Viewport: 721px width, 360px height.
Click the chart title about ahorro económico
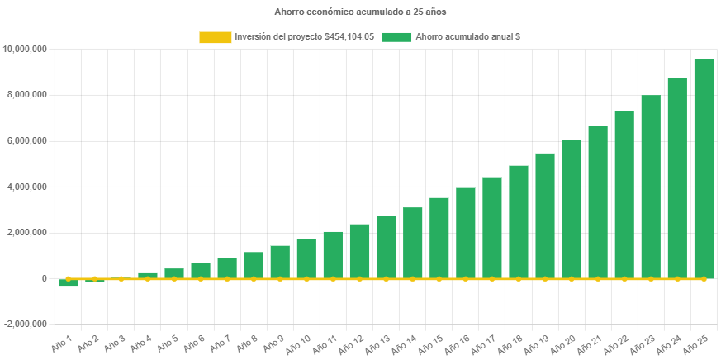[360, 12]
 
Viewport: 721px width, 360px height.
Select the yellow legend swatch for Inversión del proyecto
[215, 37]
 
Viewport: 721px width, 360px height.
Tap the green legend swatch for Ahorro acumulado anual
[397, 37]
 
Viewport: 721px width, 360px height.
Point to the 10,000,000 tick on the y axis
[25, 50]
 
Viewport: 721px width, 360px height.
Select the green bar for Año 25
[704, 168]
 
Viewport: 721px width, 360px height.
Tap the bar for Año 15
[439, 238]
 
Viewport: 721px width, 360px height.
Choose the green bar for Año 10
[306, 258]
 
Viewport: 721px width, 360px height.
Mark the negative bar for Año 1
[69, 282]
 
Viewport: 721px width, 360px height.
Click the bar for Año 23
[651, 187]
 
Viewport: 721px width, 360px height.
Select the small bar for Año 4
[148, 275]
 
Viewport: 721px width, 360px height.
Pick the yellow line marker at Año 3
[121, 279]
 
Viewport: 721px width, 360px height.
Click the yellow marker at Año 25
[704, 279]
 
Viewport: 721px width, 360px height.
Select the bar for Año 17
[492, 227]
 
